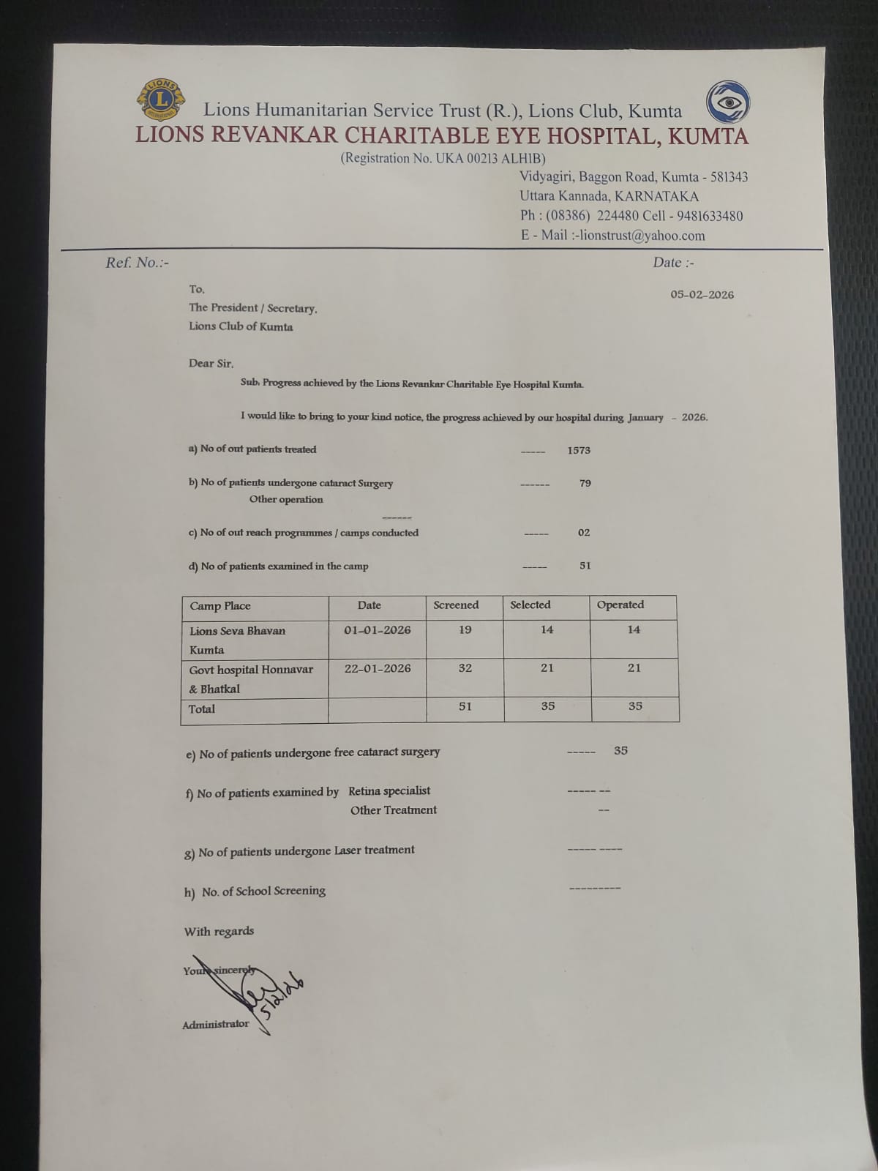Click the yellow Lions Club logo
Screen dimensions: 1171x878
coord(160,100)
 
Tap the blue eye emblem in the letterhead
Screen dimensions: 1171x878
coord(727,102)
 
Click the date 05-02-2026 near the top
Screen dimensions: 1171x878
coord(702,295)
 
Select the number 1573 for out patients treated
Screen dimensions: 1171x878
coord(578,450)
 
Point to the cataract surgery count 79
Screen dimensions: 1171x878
coord(585,483)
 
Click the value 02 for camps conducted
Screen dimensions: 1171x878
coord(583,533)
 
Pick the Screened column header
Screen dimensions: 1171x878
coord(456,605)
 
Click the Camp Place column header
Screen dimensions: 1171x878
coord(220,606)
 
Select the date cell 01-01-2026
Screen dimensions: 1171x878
coord(377,630)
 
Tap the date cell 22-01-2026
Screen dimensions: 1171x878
coord(378,668)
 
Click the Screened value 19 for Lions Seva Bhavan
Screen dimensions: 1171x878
coord(465,629)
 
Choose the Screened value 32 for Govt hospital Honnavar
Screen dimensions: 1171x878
coord(465,668)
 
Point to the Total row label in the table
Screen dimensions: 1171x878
coord(202,709)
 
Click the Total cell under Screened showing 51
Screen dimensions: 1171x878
coord(465,706)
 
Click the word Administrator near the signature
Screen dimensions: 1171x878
coord(216,1025)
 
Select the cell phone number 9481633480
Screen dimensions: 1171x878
coord(710,216)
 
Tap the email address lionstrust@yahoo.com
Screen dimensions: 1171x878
coord(642,236)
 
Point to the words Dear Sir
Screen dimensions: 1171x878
coord(211,364)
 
